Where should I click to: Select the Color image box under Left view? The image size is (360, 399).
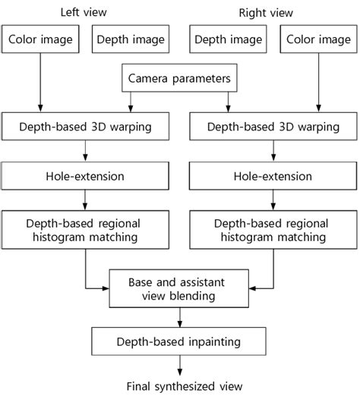[39, 39]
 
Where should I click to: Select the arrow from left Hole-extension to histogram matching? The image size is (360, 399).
[87, 200]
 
